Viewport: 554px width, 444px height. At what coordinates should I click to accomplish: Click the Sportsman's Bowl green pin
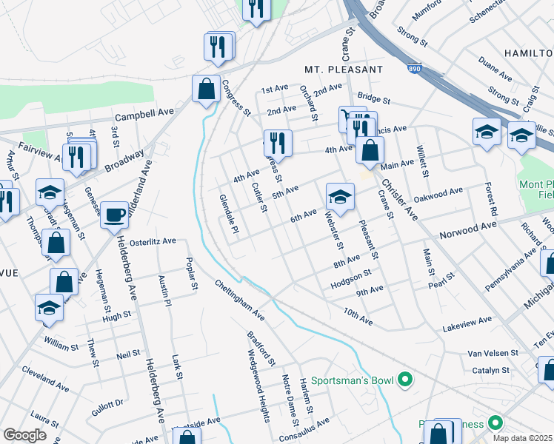[404, 381]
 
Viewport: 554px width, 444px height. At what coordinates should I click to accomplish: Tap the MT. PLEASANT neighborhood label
[344, 69]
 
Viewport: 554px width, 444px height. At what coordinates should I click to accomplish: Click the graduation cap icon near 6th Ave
[340, 197]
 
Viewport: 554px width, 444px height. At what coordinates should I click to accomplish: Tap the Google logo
[24, 435]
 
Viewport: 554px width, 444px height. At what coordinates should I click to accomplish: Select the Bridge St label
[373, 98]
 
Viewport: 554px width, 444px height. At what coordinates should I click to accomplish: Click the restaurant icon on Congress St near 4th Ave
[278, 143]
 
